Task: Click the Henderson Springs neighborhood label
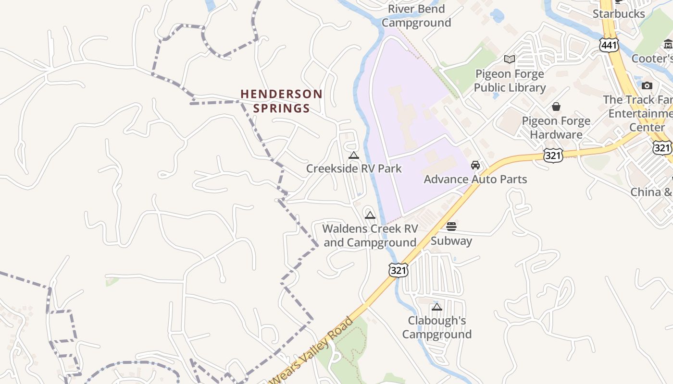coord(281,101)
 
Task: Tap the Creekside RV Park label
coord(354,168)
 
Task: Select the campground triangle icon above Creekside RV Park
coord(354,155)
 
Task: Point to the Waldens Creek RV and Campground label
coord(370,235)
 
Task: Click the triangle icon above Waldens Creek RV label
coord(370,215)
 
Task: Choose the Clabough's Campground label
coord(436,327)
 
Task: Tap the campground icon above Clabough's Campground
coord(436,307)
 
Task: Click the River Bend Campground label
coord(416,15)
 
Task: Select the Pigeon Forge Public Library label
coord(510,81)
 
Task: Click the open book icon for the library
coord(510,59)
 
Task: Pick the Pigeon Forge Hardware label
coord(556,128)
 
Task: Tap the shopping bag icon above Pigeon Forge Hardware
coord(556,106)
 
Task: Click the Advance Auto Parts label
coord(475,179)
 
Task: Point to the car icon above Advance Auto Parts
coord(475,165)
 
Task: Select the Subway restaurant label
coord(451,240)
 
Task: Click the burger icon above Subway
coord(451,226)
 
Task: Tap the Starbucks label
coord(618,13)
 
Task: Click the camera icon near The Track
coord(647,85)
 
